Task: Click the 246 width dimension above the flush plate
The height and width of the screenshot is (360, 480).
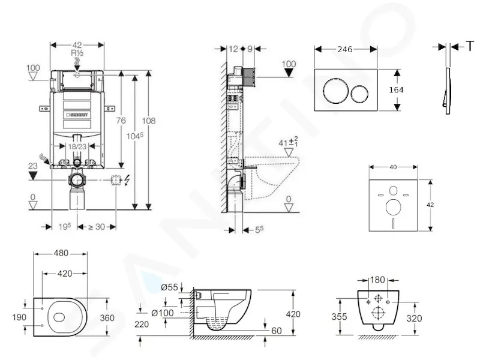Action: tap(344, 49)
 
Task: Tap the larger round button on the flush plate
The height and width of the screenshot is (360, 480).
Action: tap(335, 91)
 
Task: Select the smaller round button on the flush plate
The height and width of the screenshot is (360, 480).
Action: tap(360, 94)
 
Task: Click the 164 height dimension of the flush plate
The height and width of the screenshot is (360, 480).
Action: tap(396, 90)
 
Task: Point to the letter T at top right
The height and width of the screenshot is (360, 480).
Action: tap(470, 47)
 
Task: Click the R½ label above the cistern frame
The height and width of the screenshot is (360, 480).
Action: tap(77, 53)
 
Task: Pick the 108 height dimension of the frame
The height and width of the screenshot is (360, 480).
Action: tap(148, 121)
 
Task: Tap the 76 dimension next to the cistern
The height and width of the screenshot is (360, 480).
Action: tap(121, 121)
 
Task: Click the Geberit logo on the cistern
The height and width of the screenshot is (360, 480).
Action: tap(77, 115)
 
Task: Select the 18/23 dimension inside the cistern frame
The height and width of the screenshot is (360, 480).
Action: tap(77, 146)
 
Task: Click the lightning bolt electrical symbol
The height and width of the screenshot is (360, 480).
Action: tap(127, 180)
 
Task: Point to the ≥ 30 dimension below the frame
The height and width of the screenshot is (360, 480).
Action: tap(97, 227)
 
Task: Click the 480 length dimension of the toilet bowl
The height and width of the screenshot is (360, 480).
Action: tap(61, 253)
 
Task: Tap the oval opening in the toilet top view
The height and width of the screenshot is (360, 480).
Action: tap(59, 317)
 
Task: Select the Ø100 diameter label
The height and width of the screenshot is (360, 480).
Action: tap(163, 313)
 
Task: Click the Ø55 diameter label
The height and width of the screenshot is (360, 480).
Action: tap(169, 287)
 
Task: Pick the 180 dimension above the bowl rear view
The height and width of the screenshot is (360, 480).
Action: tap(377, 280)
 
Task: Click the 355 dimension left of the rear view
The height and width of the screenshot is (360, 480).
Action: tap(339, 317)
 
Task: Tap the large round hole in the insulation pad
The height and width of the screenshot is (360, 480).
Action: tap(394, 206)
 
